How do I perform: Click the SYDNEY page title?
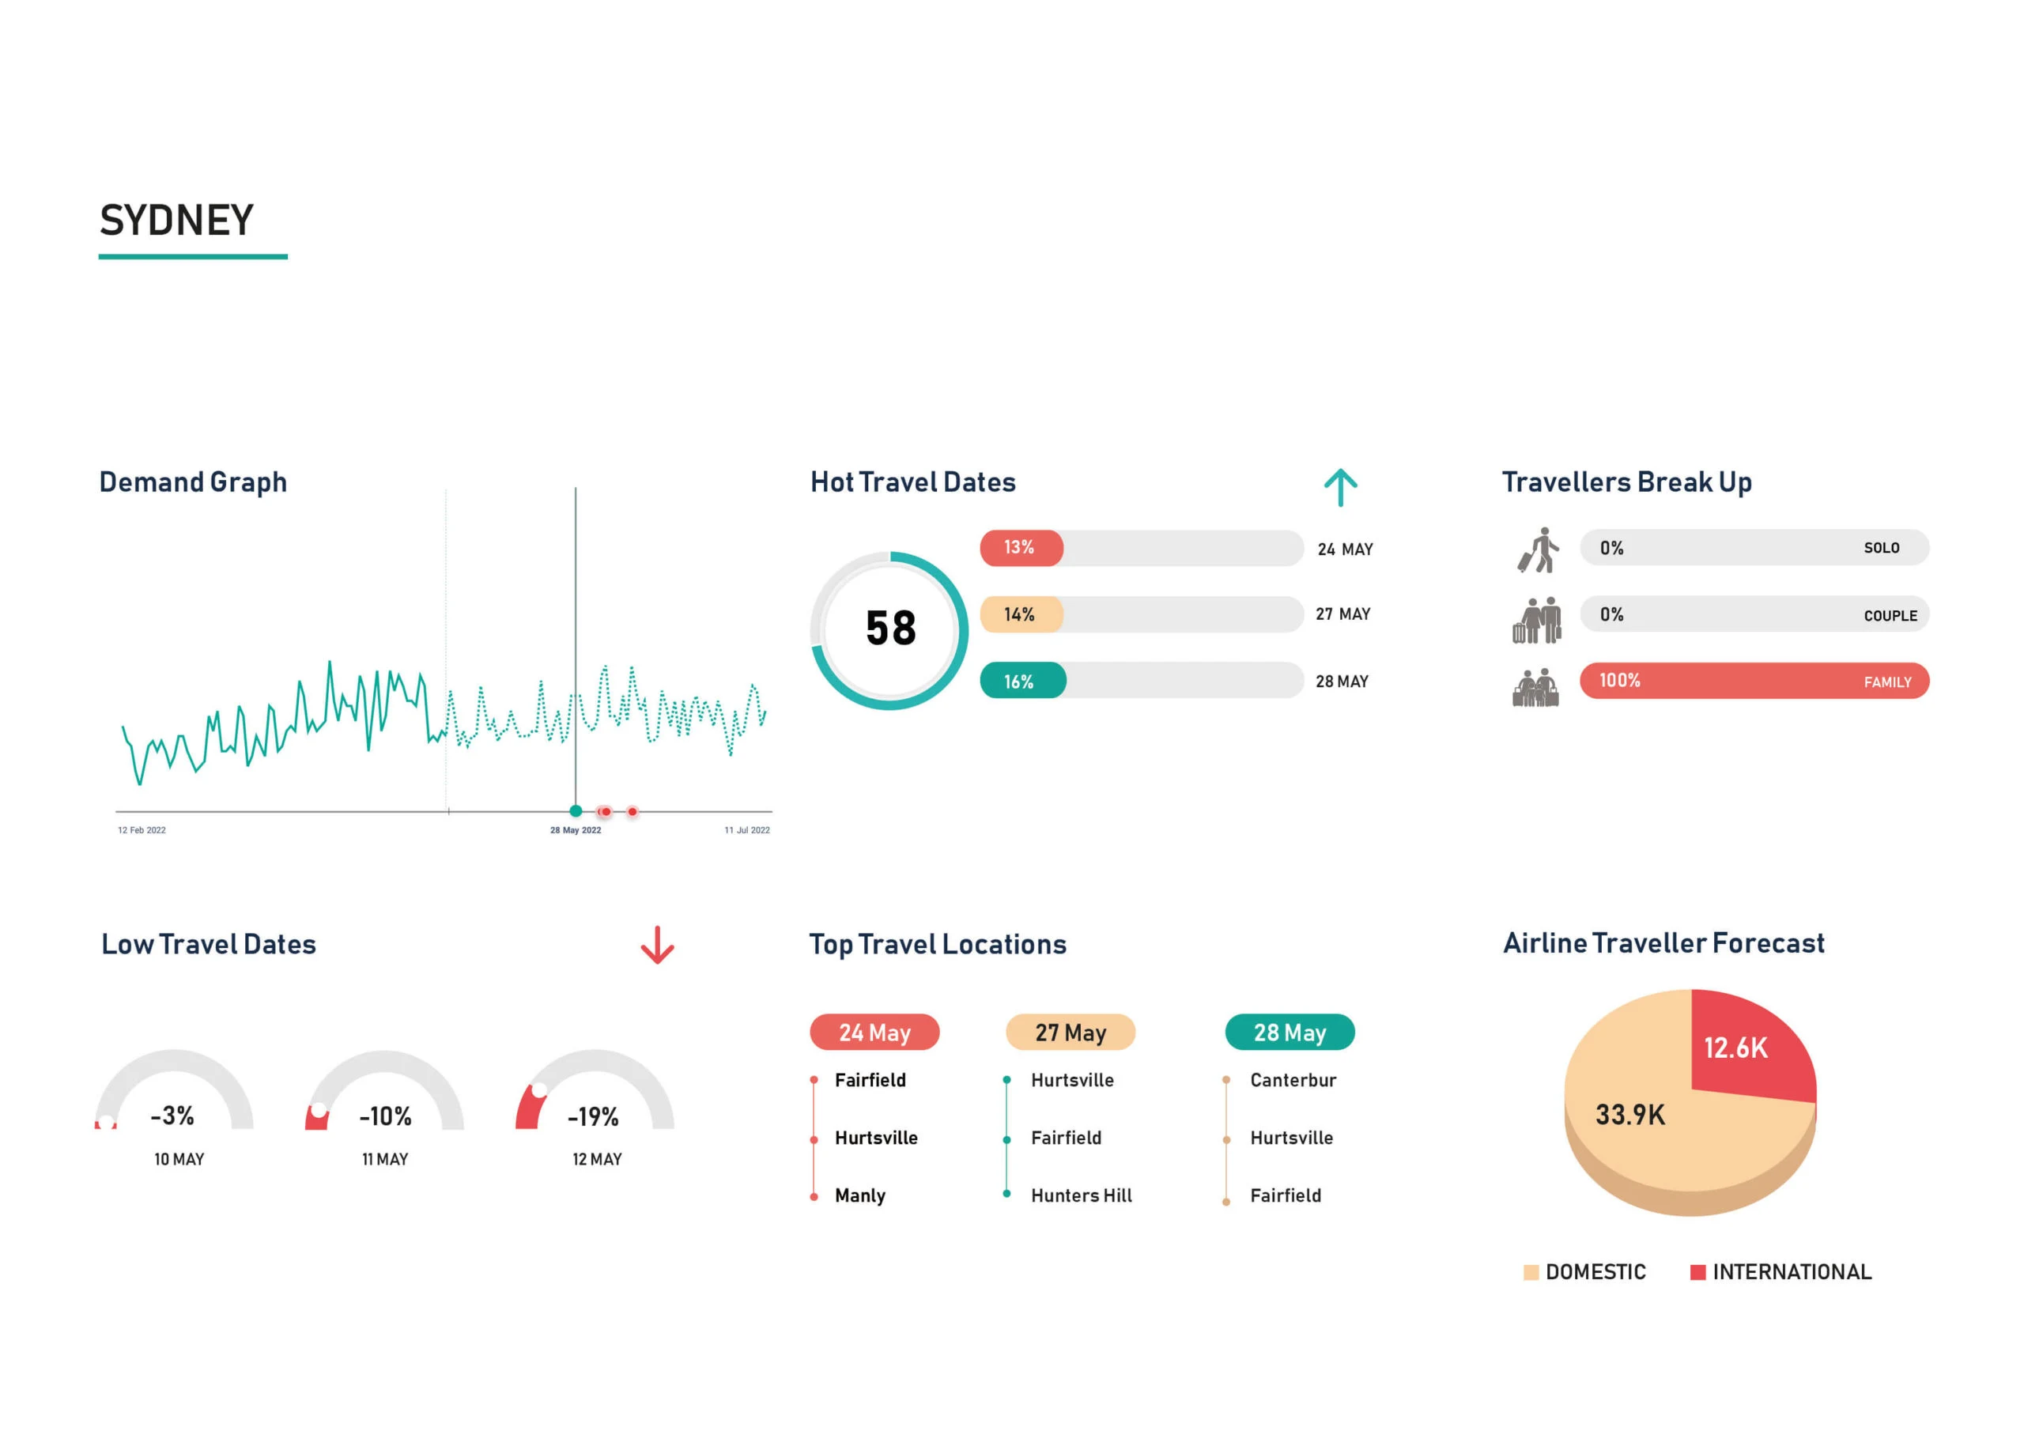(176, 221)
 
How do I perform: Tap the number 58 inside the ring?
(890, 629)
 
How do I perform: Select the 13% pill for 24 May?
(1021, 548)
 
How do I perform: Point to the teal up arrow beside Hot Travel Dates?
(1340, 487)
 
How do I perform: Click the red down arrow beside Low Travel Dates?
(657, 946)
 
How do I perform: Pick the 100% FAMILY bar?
(1754, 681)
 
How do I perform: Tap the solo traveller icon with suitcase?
(1539, 550)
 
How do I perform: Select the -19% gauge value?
(593, 1117)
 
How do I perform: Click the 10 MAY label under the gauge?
(179, 1160)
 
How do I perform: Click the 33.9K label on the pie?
(1630, 1116)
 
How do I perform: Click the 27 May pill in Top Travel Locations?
(1071, 1033)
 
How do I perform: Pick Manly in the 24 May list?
(859, 1195)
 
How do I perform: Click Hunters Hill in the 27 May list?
(1081, 1195)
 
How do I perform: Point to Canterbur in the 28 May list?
(1293, 1080)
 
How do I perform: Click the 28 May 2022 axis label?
(576, 831)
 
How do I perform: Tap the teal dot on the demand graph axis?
(576, 811)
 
